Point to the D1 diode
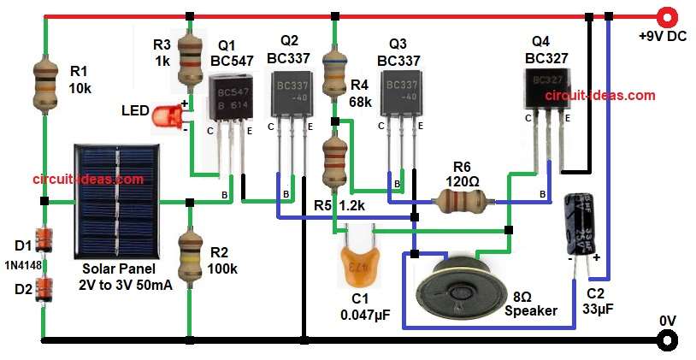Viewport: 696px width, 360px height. pos(44,239)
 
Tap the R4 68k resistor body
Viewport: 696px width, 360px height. pos(333,76)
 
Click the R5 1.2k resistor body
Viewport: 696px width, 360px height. pos(333,162)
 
